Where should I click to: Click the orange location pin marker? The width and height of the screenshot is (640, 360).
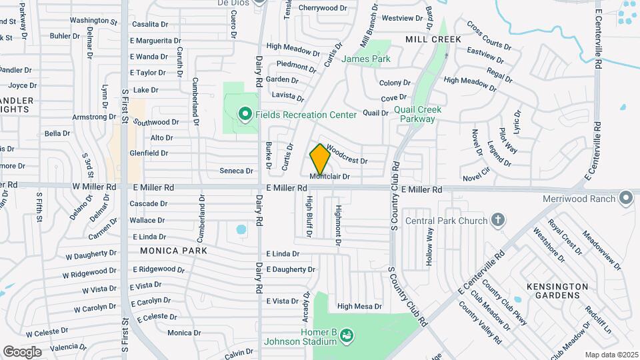(x=320, y=159)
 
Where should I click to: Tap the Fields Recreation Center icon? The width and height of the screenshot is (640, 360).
(x=245, y=115)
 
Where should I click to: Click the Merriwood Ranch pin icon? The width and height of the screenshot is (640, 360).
(x=625, y=197)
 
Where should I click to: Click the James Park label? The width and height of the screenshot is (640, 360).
(x=365, y=59)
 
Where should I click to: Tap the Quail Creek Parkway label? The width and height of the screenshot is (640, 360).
(x=414, y=114)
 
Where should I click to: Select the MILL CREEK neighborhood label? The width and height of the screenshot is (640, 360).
(x=433, y=39)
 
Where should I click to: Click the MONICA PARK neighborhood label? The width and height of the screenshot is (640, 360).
(x=173, y=251)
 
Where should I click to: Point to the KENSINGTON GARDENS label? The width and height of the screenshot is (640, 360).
(x=557, y=291)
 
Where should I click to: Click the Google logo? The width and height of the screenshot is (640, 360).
(x=22, y=351)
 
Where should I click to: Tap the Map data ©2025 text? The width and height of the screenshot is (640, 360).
(x=611, y=355)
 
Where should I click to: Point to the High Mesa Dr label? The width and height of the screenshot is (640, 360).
(x=359, y=307)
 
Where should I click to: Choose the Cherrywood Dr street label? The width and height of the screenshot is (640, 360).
(x=323, y=8)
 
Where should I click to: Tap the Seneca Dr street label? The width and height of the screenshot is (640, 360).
(x=236, y=171)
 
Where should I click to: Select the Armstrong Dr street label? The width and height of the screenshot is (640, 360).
(x=94, y=117)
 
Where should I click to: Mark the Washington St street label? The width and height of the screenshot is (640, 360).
(x=93, y=21)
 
